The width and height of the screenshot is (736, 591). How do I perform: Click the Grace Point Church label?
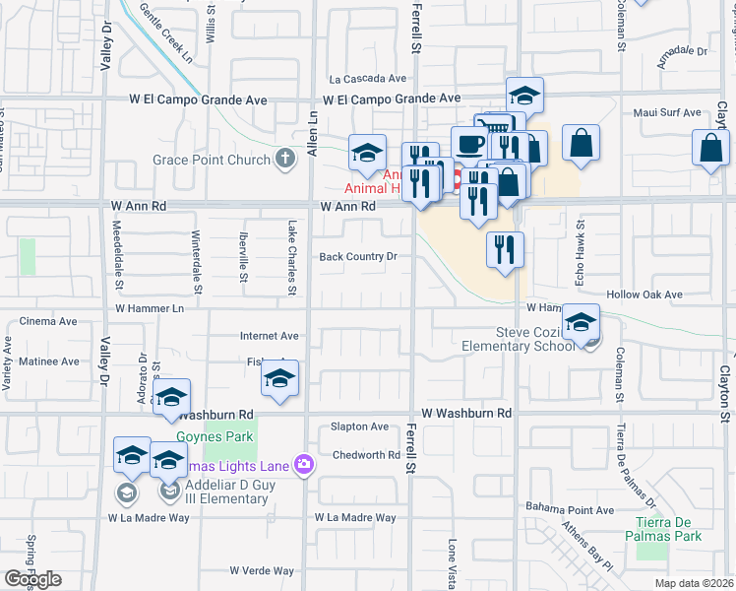tap(210, 160)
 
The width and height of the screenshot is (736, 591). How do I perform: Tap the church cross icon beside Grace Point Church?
tap(285, 159)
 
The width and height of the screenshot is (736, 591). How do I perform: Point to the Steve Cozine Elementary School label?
tap(519, 339)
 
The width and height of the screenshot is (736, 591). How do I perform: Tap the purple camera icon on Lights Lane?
tap(305, 463)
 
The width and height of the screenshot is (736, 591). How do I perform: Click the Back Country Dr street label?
tap(357, 257)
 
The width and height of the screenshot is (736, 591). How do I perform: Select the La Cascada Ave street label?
tap(368, 79)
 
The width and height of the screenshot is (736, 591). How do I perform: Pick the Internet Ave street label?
tap(269, 336)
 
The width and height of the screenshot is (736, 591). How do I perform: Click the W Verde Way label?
tap(262, 570)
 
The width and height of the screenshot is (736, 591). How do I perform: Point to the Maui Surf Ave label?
tap(666, 113)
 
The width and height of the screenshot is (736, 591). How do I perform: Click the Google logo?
tap(32, 579)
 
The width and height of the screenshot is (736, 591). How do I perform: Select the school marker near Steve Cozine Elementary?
tap(581, 322)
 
